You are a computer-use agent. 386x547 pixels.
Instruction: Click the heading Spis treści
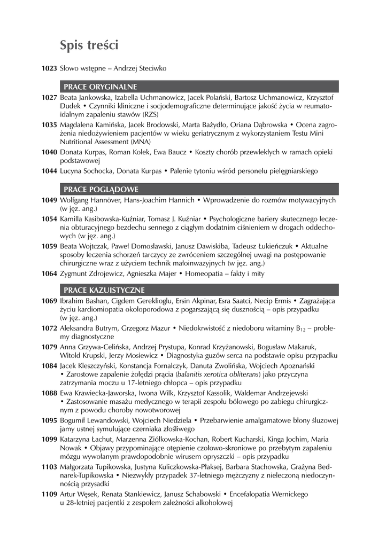click(x=89, y=44)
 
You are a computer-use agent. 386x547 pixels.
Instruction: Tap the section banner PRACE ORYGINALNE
click(x=101, y=87)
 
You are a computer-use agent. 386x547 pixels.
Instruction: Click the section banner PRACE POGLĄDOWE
click(x=101, y=189)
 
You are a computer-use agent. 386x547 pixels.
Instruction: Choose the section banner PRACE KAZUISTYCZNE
click(x=104, y=290)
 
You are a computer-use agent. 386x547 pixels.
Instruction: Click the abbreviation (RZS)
click(x=145, y=114)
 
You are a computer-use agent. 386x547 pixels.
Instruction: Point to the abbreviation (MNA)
click(x=140, y=142)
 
